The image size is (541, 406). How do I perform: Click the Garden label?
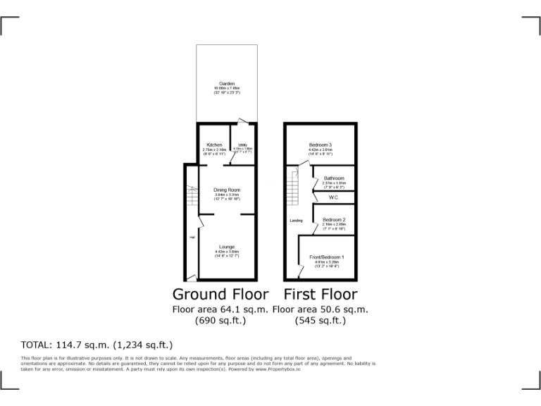227,84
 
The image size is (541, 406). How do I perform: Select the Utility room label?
242,145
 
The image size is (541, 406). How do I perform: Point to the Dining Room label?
227,190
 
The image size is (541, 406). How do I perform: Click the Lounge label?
227,247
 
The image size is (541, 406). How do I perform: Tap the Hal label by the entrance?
192,237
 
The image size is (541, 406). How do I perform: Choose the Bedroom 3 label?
320,145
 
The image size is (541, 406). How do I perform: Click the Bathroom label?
334,178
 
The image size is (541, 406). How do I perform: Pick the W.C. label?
334,198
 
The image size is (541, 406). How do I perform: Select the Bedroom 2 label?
334,220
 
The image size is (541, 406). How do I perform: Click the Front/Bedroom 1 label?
327,257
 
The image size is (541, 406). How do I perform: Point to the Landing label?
297,221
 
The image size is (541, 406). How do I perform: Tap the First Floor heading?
321,294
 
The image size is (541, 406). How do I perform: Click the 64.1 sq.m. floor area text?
221,309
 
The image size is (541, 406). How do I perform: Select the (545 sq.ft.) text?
321,321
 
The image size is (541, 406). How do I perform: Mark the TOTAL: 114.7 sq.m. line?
97,345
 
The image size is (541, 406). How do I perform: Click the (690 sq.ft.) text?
221,321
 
